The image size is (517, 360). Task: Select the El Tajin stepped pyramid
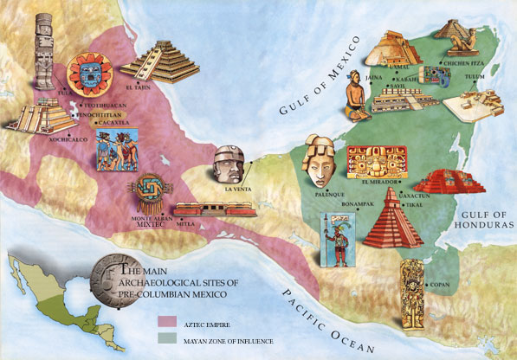[162, 58]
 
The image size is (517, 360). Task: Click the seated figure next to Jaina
[356, 94]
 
